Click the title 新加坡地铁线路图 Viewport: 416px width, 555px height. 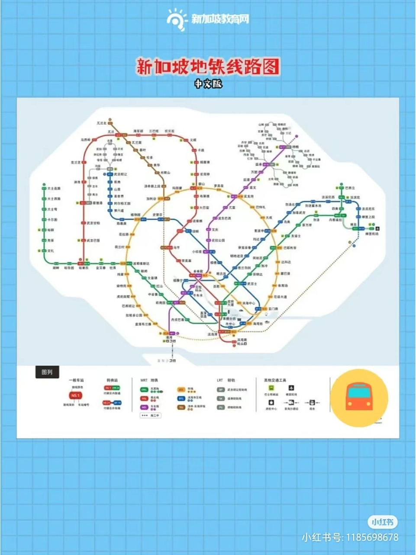208,67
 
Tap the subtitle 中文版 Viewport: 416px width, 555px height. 208,84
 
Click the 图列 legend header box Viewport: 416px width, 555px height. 47,372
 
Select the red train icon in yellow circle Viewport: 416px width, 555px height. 359,398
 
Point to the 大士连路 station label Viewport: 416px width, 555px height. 54,189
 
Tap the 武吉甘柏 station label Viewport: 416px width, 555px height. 93,223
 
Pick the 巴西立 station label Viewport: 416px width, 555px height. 350,188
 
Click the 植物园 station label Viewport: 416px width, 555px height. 135,215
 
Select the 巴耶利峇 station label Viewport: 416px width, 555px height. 290,248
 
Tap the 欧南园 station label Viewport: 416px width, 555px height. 160,303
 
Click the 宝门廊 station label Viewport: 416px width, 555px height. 273,309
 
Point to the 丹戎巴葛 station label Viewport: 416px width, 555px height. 177,320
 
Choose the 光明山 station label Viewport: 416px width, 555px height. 165,173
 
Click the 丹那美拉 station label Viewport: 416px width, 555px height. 335,220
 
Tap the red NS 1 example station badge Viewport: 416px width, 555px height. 76,395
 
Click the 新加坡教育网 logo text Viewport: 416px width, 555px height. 220,19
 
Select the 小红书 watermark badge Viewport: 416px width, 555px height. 383,522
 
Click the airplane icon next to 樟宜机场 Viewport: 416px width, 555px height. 377,228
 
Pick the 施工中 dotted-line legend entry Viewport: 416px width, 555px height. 151,415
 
